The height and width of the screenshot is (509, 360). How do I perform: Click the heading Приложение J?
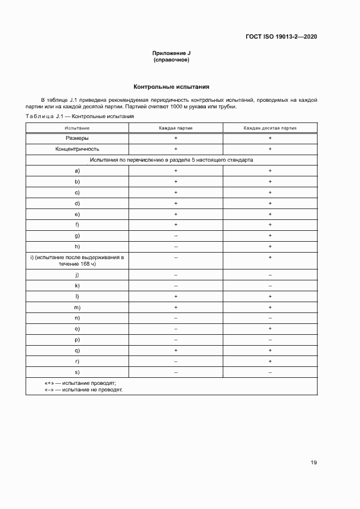tap(172, 53)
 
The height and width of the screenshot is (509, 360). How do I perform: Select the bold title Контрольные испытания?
tap(172, 87)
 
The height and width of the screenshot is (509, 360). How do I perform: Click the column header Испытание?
tap(77, 128)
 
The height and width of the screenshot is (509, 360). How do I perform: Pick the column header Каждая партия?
tap(175, 128)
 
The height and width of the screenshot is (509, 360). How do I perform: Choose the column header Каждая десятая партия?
tap(270, 128)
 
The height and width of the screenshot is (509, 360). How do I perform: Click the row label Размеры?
tap(77, 138)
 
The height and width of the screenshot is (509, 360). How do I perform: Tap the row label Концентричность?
tap(77, 149)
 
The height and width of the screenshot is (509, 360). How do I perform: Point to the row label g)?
tap(77, 235)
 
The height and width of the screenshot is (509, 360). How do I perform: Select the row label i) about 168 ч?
tap(77, 260)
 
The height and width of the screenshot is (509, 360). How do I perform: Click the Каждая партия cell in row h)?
tap(175, 246)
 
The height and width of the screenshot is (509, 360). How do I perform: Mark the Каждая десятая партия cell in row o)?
tap(270, 329)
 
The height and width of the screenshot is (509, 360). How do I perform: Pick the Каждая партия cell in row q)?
tap(175, 351)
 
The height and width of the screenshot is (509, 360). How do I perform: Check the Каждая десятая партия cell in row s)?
tap(270, 372)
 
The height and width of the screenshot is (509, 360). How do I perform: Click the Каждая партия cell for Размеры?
tap(175, 138)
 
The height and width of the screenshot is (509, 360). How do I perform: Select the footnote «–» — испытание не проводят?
tap(83, 390)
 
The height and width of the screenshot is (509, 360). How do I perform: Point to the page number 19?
tap(314, 463)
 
